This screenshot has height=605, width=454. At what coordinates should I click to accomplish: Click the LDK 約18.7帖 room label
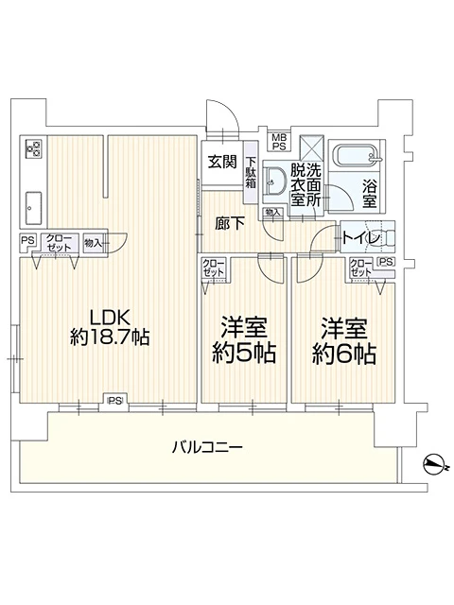[x=108, y=326]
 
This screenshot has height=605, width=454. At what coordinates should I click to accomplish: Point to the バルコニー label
[x=207, y=446]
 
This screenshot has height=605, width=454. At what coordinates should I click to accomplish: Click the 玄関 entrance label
[x=222, y=161]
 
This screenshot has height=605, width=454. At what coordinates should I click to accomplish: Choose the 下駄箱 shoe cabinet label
[x=252, y=172]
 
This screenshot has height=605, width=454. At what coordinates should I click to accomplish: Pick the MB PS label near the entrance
[x=279, y=142]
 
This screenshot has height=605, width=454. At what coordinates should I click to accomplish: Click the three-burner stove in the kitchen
[x=33, y=149]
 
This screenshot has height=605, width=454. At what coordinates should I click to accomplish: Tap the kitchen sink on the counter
[x=33, y=202]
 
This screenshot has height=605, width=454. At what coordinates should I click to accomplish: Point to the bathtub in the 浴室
[x=359, y=155]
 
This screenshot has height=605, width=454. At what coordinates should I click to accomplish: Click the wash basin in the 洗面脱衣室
[x=275, y=182]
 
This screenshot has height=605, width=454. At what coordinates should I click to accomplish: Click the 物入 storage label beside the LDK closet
[x=94, y=241]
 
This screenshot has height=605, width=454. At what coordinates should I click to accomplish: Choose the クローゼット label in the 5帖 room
[x=214, y=268]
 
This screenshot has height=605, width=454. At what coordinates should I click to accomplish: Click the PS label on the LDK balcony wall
[x=114, y=402]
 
